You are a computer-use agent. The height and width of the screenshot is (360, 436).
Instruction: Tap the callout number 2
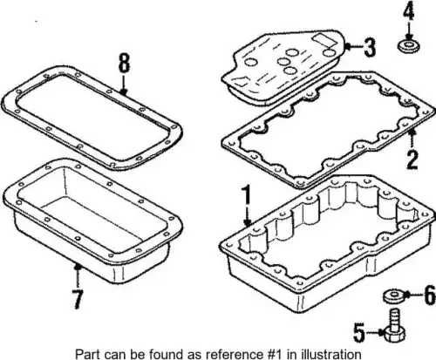(x=412, y=160)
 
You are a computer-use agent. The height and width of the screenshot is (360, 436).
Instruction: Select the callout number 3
(x=369, y=48)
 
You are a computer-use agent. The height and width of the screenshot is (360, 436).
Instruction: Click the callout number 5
(x=359, y=332)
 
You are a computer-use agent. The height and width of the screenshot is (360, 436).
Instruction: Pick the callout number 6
(x=430, y=295)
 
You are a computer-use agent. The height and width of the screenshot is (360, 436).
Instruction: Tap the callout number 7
(x=78, y=299)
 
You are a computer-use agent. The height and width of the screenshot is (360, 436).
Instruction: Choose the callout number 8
(x=124, y=63)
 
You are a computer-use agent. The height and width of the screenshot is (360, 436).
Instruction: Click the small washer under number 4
(x=408, y=47)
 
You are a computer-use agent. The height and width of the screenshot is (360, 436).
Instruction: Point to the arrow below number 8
(x=124, y=85)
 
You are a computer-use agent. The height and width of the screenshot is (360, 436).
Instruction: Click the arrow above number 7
(x=78, y=275)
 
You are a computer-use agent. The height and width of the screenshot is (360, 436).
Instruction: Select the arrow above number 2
(x=412, y=139)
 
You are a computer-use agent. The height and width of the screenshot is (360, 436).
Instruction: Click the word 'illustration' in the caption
(x=324, y=354)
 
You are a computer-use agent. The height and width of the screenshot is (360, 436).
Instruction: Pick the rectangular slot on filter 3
(x=323, y=39)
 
